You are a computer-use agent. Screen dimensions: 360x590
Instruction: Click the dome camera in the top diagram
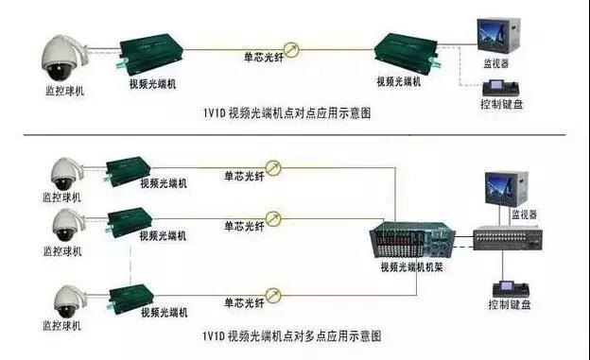pyautogui.click(x=62, y=57)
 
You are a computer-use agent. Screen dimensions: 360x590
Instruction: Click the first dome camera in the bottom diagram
pyautogui.click(x=63, y=172)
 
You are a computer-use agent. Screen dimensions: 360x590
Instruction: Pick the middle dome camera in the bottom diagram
pyautogui.click(x=63, y=225)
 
